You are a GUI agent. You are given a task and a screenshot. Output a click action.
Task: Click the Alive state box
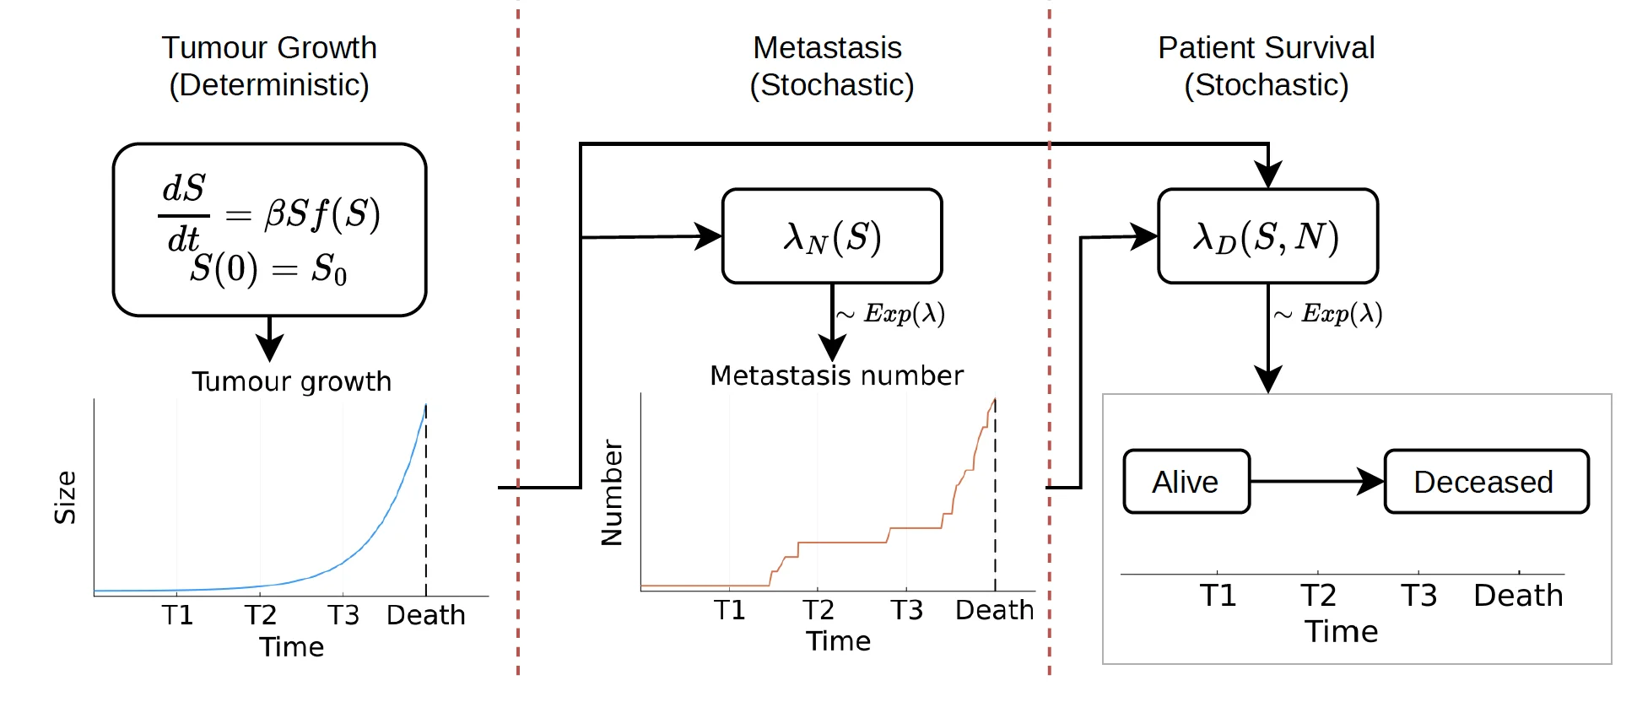[x=1186, y=482]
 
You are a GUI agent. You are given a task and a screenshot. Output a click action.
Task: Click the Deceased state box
[x=1486, y=482]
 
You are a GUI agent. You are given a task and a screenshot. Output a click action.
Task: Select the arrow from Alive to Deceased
[x=1316, y=482]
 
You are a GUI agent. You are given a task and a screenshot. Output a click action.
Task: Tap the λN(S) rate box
[x=832, y=236]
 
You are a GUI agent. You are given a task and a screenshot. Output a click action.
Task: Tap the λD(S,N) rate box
[x=1267, y=236]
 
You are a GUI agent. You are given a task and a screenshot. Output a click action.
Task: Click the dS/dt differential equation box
[x=269, y=229]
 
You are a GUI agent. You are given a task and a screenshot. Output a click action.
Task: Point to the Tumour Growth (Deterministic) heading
[x=269, y=66]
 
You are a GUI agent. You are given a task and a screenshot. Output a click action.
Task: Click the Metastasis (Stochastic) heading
[x=830, y=66]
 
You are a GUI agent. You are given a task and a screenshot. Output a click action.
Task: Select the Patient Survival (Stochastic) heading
[x=1266, y=66]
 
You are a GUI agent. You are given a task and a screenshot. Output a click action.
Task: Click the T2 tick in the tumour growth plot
[x=260, y=614]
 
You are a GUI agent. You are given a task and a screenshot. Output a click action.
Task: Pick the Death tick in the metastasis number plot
[x=994, y=609]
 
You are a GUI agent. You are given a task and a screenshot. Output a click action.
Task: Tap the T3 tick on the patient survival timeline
[x=1418, y=595]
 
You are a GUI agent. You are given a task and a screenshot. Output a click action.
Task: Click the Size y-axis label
[x=66, y=498]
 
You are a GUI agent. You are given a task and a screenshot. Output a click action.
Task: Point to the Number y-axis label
[x=612, y=493]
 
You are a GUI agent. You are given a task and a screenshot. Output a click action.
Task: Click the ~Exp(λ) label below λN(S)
[x=891, y=314]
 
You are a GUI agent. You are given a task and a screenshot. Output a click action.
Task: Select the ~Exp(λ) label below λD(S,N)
[x=1328, y=314]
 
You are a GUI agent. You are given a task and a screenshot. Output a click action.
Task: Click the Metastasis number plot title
[x=836, y=375]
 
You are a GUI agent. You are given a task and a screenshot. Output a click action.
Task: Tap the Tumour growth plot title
[x=291, y=381]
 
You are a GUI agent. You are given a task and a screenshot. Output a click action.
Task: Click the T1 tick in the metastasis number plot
[x=730, y=609]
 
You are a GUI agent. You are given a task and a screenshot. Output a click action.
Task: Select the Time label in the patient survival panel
[x=1341, y=631]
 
